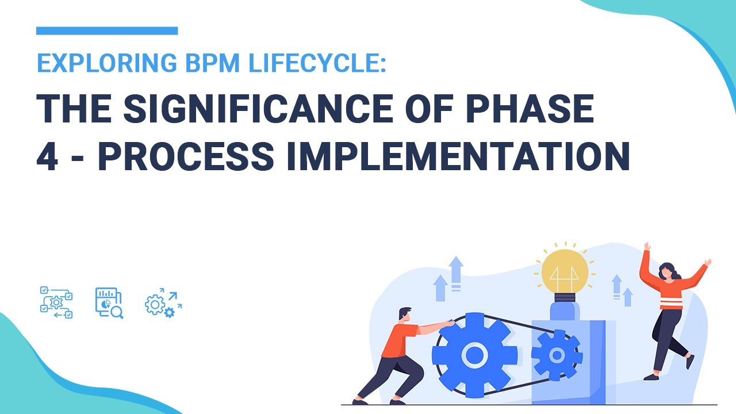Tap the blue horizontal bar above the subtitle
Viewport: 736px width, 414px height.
[x=107, y=30]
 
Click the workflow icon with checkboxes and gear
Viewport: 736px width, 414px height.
[x=56, y=302]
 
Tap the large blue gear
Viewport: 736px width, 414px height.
[x=474, y=354]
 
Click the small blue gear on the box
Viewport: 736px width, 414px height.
[x=556, y=355]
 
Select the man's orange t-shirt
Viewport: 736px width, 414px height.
[x=402, y=341]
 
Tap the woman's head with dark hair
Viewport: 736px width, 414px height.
[x=667, y=270]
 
